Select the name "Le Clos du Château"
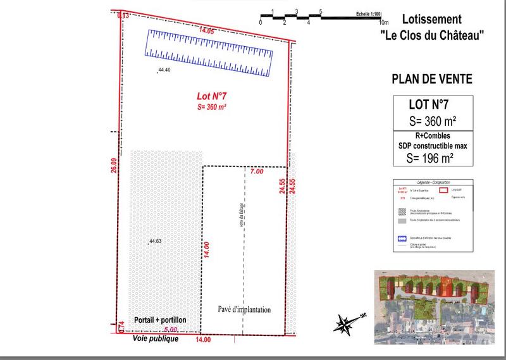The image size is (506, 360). pyautogui.click(x=436, y=37)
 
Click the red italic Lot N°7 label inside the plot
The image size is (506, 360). pyautogui.click(x=212, y=97)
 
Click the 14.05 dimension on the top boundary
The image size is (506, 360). pyautogui.click(x=207, y=30)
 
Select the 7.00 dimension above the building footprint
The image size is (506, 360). pyautogui.click(x=257, y=171)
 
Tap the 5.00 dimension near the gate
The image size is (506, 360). pyautogui.click(x=170, y=330)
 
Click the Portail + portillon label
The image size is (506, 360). pyautogui.click(x=160, y=321)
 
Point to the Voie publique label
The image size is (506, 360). pyautogui.click(x=156, y=339)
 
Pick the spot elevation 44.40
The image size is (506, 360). pyautogui.click(x=164, y=70)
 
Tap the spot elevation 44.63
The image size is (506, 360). pyautogui.click(x=155, y=242)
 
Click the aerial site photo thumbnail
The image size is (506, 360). pyautogui.click(x=436, y=304)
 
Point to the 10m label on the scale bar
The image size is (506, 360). pyautogui.click(x=383, y=22)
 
